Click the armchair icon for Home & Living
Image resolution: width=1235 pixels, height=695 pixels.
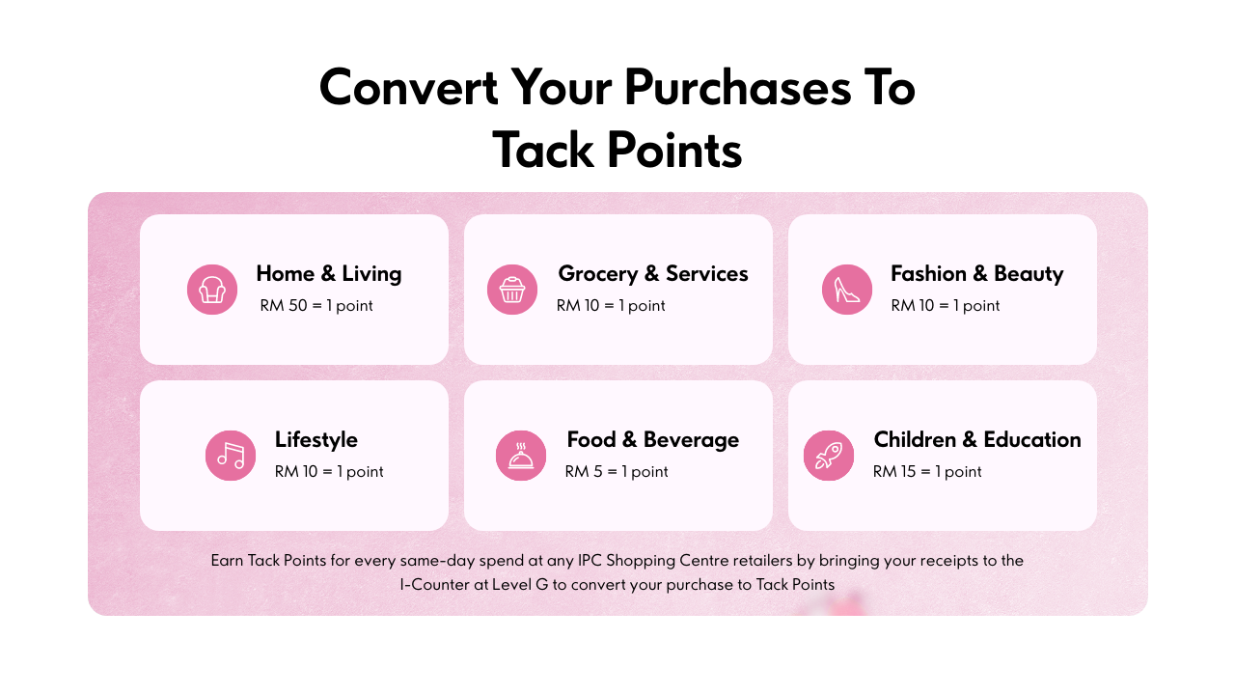[212, 290]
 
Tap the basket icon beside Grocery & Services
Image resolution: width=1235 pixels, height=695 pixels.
[512, 290]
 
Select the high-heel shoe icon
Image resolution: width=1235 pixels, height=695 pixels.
[847, 290]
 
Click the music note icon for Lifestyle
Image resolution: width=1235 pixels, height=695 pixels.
[231, 456]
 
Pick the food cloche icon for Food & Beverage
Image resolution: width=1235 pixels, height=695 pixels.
[521, 456]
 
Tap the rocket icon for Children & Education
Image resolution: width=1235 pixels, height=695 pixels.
[829, 456]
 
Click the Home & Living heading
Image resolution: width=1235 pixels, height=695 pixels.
[329, 273]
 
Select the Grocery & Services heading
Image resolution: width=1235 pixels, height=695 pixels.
[653, 273]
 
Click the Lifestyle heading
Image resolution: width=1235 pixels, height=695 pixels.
[316, 440]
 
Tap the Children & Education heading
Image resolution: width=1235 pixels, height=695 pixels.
[977, 439]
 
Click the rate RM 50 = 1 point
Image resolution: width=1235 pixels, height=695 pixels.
[316, 306]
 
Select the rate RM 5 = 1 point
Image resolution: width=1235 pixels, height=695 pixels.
[617, 472]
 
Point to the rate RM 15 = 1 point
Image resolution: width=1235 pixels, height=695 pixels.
[927, 472]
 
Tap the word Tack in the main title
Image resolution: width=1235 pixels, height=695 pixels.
[543, 150]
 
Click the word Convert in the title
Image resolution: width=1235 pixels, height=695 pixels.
[409, 88]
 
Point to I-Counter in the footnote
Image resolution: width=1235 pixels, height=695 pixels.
[435, 585]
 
